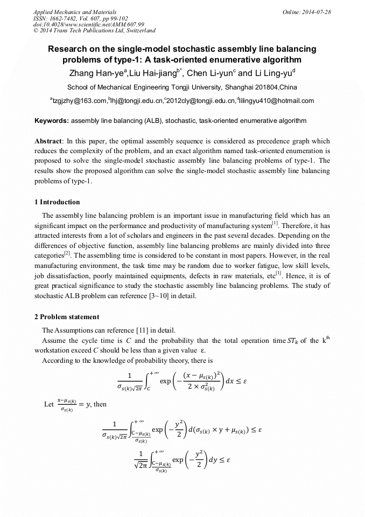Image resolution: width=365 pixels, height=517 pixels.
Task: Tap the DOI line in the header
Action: coord(89,24)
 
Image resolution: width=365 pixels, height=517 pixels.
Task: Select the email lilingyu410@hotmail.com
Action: coord(277,101)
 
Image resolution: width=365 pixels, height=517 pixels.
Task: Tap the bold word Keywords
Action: coord(52,121)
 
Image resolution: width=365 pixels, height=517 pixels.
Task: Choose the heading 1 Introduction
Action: coord(57,202)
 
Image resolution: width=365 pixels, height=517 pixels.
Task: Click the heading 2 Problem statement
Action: coord(67,316)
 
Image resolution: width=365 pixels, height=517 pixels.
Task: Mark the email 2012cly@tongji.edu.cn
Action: coord(201,101)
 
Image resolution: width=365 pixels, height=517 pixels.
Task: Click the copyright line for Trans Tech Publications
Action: coord(94,31)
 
